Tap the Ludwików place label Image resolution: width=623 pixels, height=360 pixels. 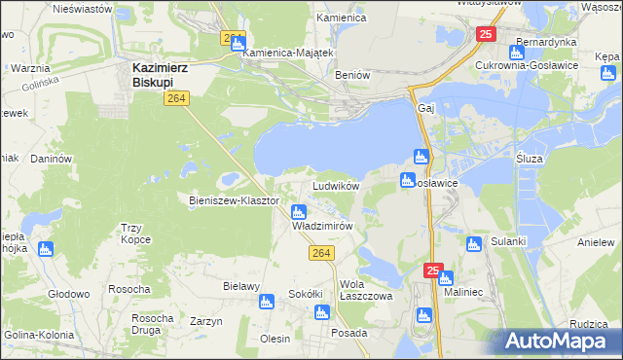pos(336,185)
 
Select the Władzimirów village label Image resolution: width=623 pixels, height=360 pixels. pos(321,225)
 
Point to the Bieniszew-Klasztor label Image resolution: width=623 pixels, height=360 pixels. pos(234,200)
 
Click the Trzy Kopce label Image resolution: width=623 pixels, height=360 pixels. pos(135,234)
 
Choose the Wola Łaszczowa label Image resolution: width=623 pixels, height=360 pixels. pos(365,290)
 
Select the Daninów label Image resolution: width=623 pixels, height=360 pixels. pos(53,159)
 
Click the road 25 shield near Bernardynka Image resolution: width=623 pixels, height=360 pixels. pos(488,34)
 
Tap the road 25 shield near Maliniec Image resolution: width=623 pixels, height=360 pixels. pos(433,270)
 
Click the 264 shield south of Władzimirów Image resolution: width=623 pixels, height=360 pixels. pos(323,253)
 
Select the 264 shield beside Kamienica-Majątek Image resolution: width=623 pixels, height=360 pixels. pos(232,38)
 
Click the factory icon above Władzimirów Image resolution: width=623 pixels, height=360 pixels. pos(300,211)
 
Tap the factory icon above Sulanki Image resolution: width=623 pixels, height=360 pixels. pos(474,244)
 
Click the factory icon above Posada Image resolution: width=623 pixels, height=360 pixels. pos(321,313)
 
